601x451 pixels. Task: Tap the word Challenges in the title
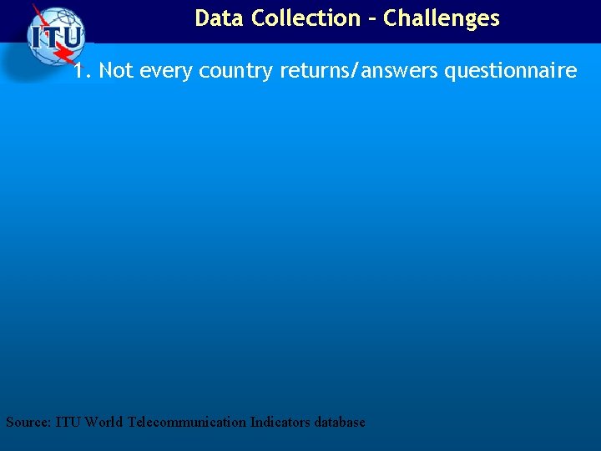pos(442,18)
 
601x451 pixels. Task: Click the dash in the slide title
pos(372,18)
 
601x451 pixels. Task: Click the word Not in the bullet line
pos(116,71)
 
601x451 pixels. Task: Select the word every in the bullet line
pos(166,72)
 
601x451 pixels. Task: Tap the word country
pos(236,72)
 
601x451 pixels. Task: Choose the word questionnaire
pos(510,72)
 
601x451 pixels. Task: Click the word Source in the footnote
pos(28,422)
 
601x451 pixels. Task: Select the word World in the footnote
pos(104,422)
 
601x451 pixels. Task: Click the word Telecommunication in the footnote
pos(187,422)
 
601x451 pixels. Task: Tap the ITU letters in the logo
pos(55,37)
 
